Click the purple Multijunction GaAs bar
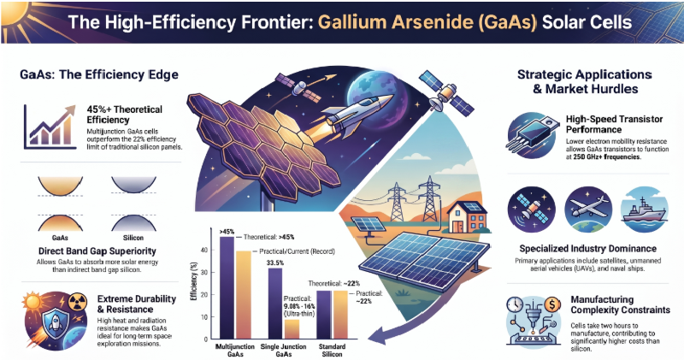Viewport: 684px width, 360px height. tap(227, 288)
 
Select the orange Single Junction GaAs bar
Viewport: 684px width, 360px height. tap(292, 329)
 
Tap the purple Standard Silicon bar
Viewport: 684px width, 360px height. tap(324, 315)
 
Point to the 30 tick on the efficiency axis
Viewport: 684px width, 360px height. tap(205, 272)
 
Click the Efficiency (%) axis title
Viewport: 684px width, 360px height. tap(195, 281)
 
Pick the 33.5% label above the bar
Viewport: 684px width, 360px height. tap(274, 263)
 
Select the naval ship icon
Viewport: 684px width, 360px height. tap(644, 210)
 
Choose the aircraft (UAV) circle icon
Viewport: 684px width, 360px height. tap(588, 210)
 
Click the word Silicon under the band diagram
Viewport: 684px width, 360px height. tap(133, 238)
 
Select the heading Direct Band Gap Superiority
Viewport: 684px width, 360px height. tap(97, 251)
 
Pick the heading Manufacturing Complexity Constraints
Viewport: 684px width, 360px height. tap(621, 305)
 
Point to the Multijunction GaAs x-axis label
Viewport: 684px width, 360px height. tap(235, 350)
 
